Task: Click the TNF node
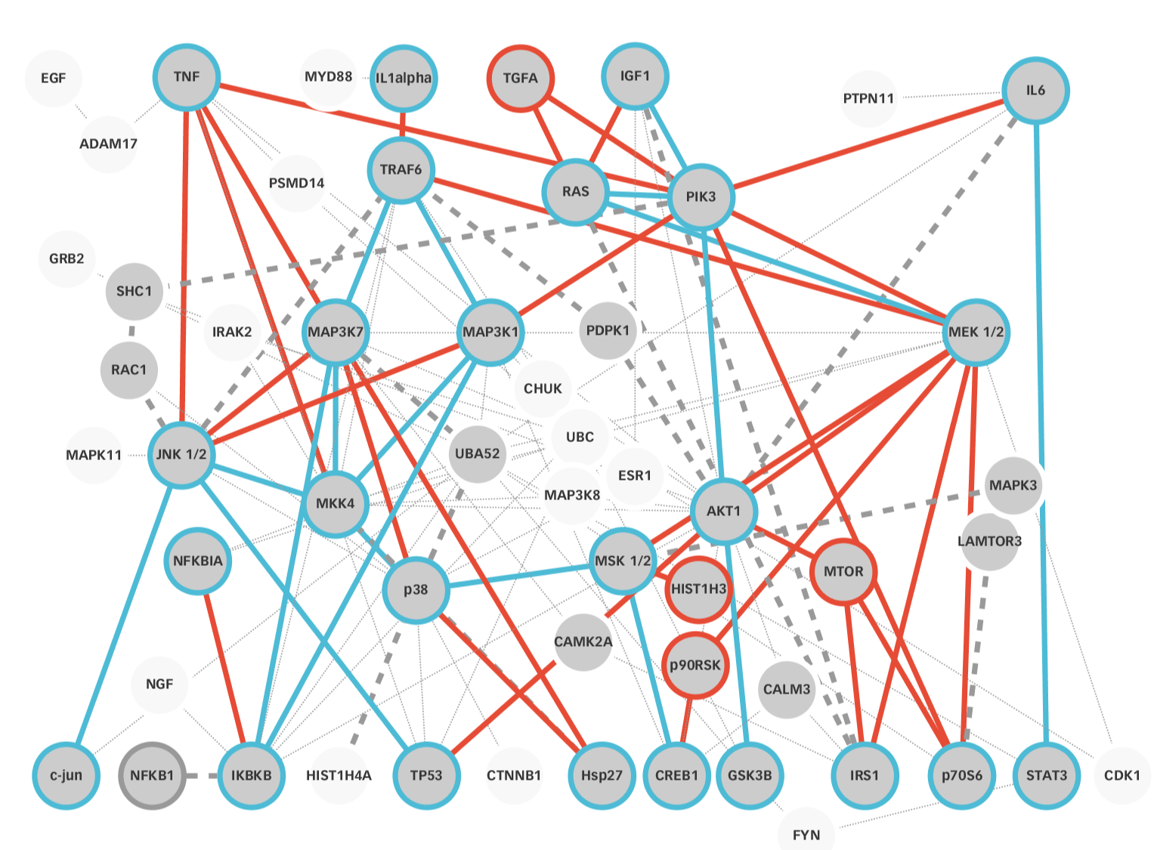pyautogui.click(x=187, y=77)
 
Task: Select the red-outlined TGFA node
pyautogui.click(x=520, y=78)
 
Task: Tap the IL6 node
pyautogui.click(x=1035, y=91)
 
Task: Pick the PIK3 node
pyautogui.click(x=701, y=196)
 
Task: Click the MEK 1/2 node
pyautogui.click(x=976, y=332)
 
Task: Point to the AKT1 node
pyautogui.click(x=723, y=511)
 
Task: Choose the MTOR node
pyautogui.click(x=843, y=571)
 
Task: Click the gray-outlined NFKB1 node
pyautogui.click(x=152, y=775)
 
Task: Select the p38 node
pyautogui.click(x=416, y=589)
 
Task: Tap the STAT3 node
pyautogui.click(x=1046, y=775)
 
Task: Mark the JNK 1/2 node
pyautogui.click(x=181, y=454)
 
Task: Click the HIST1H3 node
pyautogui.click(x=698, y=589)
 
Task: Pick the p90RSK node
pyautogui.click(x=695, y=665)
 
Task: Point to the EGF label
pyautogui.click(x=53, y=78)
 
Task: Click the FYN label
pyautogui.click(x=806, y=835)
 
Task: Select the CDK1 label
pyautogui.click(x=1122, y=775)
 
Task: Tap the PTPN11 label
pyautogui.click(x=868, y=98)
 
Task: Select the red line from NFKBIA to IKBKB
pyautogui.click(x=224, y=665)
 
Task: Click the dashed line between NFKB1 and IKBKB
pyautogui.click(x=202, y=776)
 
